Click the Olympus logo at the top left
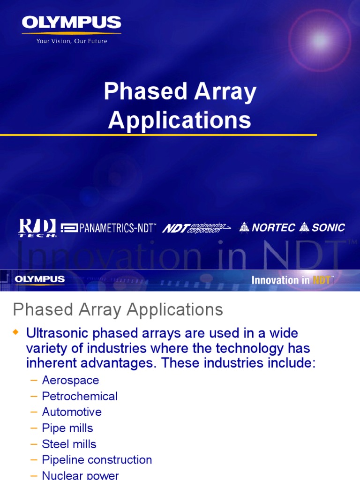[x=71, y=22]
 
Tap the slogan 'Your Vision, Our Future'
[x=71, y=41]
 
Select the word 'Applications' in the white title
[x=180, y=120]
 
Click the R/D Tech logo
[x=37, y=228]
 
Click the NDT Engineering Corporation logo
[x=196, y=228]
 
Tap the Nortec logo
[x=267, y=228]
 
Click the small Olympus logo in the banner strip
[x=39, y=280]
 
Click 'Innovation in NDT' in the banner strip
[x=292, y=280]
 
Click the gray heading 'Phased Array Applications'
[x=118, y=310]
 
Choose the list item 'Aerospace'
[x=70, y=380]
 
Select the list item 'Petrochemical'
[x=80, y=396]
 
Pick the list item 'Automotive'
[x=72, y=412]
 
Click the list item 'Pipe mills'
[x=67, y=428]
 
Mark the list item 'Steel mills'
[x=69, y=444]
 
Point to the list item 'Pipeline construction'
[x=97, y=460]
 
